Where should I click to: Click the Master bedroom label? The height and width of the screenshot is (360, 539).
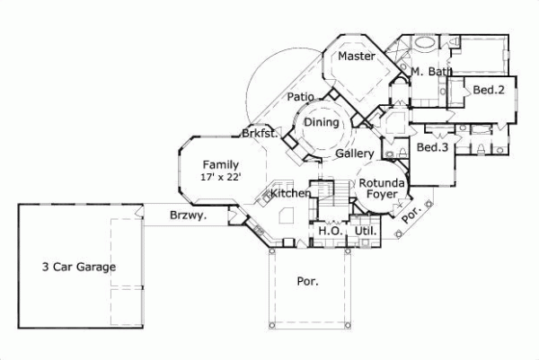[356, 57]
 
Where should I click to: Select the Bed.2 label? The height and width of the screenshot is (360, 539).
[488, 90]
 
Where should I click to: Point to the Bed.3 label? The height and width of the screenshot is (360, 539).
[433, 147]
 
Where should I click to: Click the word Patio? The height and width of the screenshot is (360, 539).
[300, 96]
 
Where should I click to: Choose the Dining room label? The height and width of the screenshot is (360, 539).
[321, 122]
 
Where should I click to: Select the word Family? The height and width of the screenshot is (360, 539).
[220, 164]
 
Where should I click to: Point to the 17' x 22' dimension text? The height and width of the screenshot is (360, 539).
[220, 177]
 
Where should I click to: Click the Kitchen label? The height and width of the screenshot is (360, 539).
[290, 193]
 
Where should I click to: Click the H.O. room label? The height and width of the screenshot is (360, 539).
[329, 232]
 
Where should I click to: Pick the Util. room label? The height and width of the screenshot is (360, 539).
[367, 232]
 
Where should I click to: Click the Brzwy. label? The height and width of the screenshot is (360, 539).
[188, 215]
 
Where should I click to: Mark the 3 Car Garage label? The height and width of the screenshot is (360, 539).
[79, 267]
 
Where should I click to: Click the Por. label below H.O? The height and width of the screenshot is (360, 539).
[307, 281]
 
